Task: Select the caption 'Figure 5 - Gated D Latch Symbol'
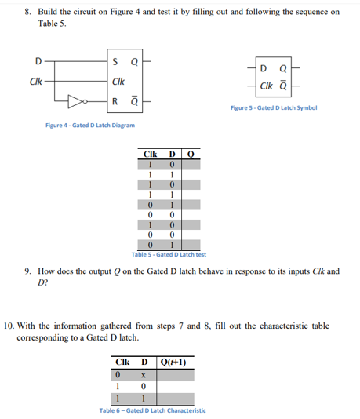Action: [274, 107]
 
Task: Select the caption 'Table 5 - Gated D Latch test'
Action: [169, 255]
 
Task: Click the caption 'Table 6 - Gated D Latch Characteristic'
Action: [152, 410]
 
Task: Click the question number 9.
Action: [27, 271]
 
